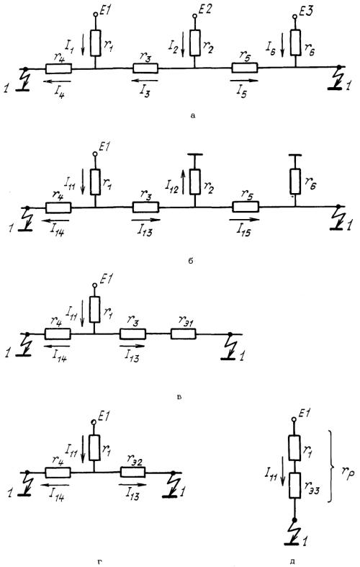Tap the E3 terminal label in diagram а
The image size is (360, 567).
pyautogui.click(x=306, y=12)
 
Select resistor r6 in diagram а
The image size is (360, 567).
pyautogui.click(x=295, y=43)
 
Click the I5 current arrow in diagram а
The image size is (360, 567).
pyautogui.click(x=244, y=80)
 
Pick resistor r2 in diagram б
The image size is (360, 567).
pyautogui.click(x=195, y=182)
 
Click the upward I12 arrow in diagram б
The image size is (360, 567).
pyautogui.click(x=184, y=181)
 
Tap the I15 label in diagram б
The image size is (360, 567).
pyautogui.click(x=243, y=231)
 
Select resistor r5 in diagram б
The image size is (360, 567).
pyautogui.click(x=246, y=207)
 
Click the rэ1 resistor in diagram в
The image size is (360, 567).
pyautogui.click(x=184, y=334)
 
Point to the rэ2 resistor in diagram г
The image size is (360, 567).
pyautogui.click(x=132, y=472)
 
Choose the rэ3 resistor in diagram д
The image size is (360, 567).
pyautogui.click(x=295, y=486)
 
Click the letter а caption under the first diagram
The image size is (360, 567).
pyautogui.click(x=193, y=116)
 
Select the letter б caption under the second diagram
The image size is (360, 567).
pyautogui.click(x=191, y=261)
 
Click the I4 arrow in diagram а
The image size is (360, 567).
pyautogui.click(x=57, y=81)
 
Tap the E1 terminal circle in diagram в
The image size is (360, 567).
pyautogui.click(x=95, y=285)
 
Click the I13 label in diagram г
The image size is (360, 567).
pyautogui.click(x=132, y=495)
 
